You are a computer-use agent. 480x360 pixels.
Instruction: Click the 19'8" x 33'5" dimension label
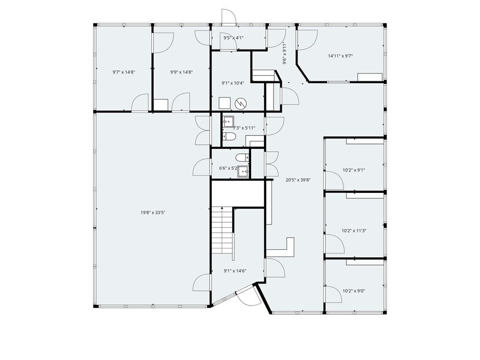click(153, 212)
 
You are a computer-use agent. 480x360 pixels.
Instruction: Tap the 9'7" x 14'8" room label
click(124, 72)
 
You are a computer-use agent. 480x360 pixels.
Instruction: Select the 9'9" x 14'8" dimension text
click(181, 72)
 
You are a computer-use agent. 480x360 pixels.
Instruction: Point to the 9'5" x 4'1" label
click(234, 38)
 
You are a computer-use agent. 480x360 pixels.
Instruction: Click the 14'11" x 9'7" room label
click(340, 56)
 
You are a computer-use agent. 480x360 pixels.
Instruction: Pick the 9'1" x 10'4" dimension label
click(233, 83)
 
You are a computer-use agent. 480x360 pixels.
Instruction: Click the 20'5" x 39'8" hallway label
click(298, 180)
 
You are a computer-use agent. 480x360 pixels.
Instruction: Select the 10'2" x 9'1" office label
click(353, 170)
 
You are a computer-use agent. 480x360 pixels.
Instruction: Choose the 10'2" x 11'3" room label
click(354, 231)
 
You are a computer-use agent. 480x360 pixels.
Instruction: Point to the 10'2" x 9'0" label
click(353, 291)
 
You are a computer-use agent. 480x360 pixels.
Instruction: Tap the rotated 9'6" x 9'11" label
click(285, 53)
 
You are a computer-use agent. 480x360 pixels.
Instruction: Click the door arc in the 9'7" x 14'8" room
click(141, 102)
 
